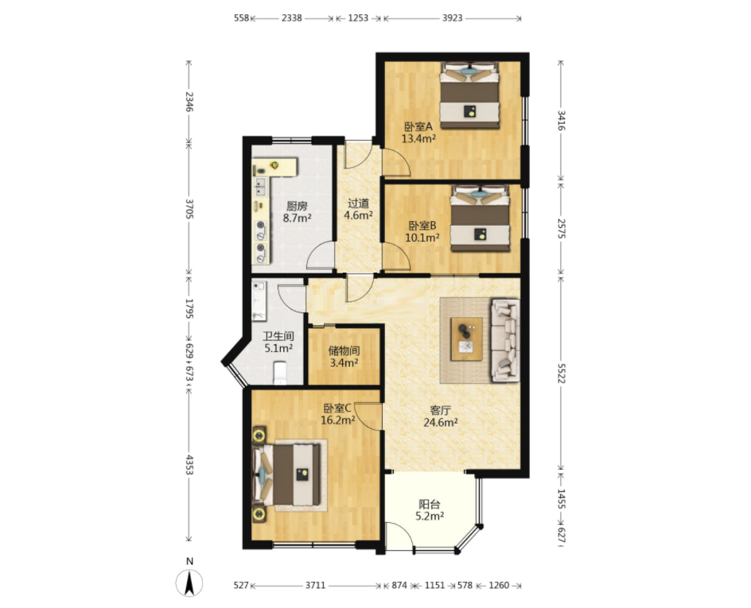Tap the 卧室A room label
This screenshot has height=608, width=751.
418,127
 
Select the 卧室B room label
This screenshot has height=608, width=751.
422,225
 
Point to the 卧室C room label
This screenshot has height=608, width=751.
337,409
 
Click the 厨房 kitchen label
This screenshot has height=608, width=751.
297,206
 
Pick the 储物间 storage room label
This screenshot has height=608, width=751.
344,350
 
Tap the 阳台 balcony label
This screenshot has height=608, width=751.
429,504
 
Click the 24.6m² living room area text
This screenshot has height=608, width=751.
440,422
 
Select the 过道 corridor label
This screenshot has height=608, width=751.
358,203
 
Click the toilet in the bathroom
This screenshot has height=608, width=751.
280,373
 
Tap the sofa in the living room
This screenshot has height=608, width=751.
506,340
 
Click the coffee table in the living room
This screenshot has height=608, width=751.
466,339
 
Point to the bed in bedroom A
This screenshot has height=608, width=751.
470,95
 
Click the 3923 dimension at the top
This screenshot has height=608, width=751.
452,18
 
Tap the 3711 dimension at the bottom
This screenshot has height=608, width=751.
316,585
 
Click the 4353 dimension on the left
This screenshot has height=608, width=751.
189,464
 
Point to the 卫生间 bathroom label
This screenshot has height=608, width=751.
278,336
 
